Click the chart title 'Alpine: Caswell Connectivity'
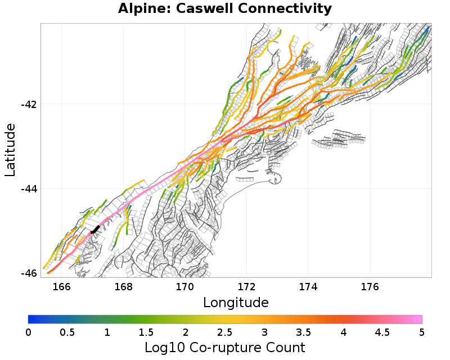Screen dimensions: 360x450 [225, 9]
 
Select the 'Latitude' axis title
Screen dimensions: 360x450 [10, 150]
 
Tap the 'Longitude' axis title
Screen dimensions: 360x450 [236, 303]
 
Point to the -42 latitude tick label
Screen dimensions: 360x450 [29, 105]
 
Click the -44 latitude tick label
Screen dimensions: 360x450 [29, 189]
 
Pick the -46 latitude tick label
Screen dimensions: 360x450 [29, 273]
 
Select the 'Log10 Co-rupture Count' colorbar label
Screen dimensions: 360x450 [225, 347]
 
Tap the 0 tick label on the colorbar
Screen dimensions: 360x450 [29, 332]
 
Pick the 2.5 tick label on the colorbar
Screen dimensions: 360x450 [225, 332]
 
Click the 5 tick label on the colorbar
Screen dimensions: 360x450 [422, 332]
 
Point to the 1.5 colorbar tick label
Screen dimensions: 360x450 [146, 332]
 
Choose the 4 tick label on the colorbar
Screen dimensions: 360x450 [343, 332]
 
